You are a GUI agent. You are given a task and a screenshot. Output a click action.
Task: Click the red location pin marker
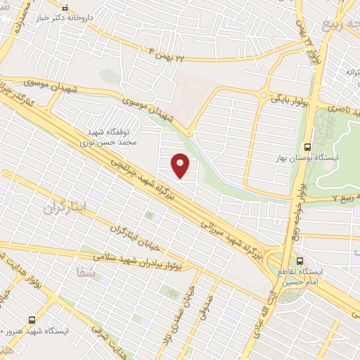click(x=181, y=166)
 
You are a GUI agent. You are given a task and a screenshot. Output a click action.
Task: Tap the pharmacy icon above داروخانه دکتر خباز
click(x=65, y=9)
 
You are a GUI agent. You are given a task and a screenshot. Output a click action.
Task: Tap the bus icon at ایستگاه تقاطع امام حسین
click(x=301, y=259)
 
